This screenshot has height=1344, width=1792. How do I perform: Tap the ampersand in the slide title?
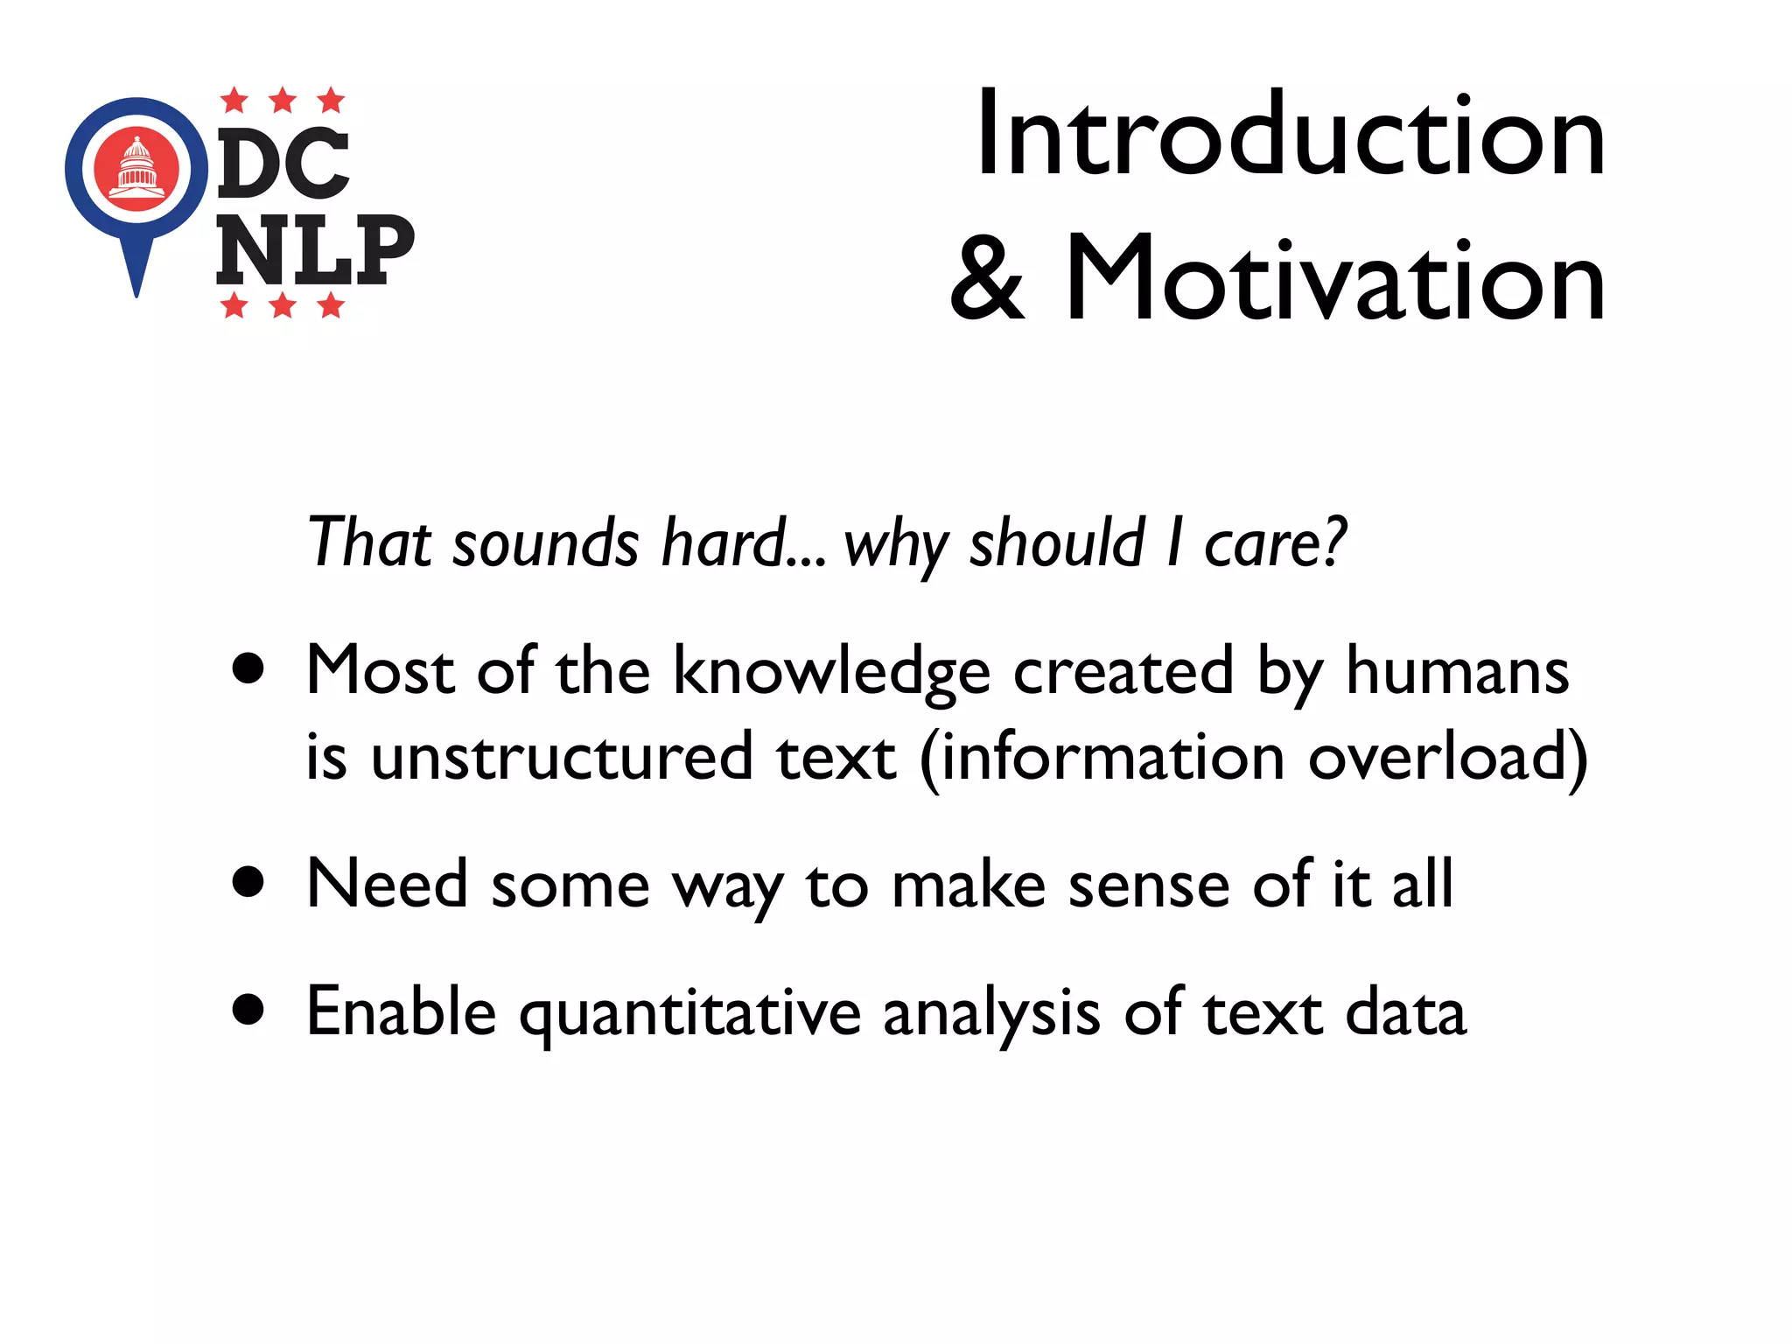[987, 280]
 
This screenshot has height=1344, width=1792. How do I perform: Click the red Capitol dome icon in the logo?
[136, 169]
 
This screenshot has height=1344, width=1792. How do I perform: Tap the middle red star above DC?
[282, 101]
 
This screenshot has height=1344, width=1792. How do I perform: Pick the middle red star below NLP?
[282, 305]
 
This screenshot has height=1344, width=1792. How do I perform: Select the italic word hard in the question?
[724, 542]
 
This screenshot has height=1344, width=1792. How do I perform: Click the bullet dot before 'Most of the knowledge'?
[248, 669]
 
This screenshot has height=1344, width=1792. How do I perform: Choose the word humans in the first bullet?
[1457, 672]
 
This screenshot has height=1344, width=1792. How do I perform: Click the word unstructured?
[561, 757]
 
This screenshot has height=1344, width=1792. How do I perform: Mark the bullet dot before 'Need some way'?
[248, 882]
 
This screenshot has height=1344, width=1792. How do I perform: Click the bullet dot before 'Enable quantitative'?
[248, 1010]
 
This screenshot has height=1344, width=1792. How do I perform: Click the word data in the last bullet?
[1405, 1012]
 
